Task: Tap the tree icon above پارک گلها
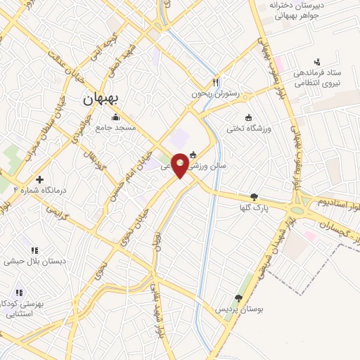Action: tap(254, 198)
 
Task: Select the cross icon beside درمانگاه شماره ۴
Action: tap(40, 179)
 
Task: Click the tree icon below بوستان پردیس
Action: tap(238, 298)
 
